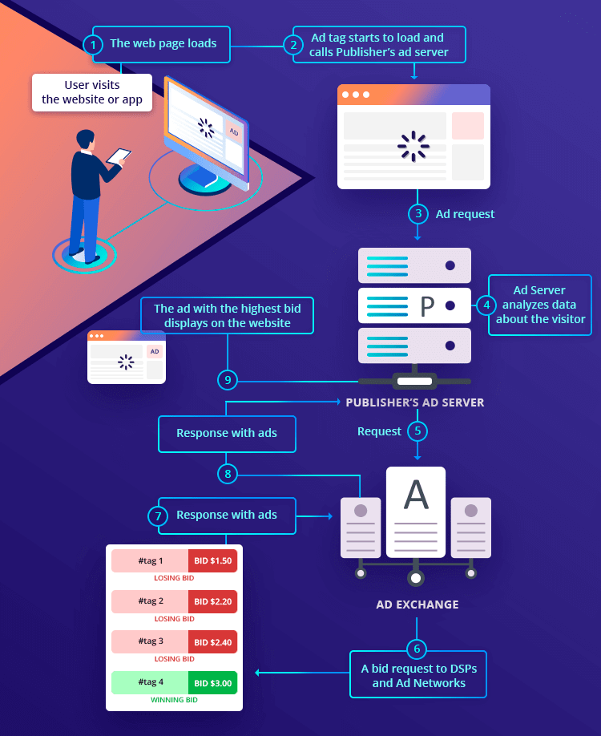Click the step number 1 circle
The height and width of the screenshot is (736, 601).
tap(95, 44)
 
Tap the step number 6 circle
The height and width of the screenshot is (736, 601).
tap(417, 648)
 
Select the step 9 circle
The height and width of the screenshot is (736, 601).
tap(228, 378)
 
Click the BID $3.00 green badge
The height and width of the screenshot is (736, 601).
tap(212, 682)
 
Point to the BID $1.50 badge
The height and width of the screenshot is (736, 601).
tap(212, 560)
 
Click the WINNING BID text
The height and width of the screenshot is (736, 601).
tap(174, 700)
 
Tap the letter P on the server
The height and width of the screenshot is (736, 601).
tap(426, 305)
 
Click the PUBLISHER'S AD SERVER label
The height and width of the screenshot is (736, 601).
tap(415, 402)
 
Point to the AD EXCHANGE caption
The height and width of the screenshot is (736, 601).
tap(417, 605)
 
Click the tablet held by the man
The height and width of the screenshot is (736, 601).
tap(119, 156)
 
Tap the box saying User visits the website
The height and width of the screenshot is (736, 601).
tap(92, 93)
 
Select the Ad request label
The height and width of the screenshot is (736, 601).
tap(465, 214)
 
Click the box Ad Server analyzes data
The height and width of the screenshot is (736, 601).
tap(539, 305)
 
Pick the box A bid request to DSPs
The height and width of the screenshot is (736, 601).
tap(418, 676)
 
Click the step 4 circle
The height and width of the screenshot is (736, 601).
tap(486, 305)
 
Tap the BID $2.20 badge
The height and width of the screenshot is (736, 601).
tap(212, 601)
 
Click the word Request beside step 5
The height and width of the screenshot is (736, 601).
tap(379, 431)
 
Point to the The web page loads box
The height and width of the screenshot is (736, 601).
tap(163, 43)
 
